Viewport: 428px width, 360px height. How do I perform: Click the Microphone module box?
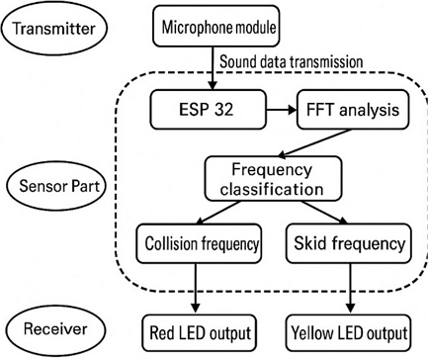[x=211, y=24]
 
